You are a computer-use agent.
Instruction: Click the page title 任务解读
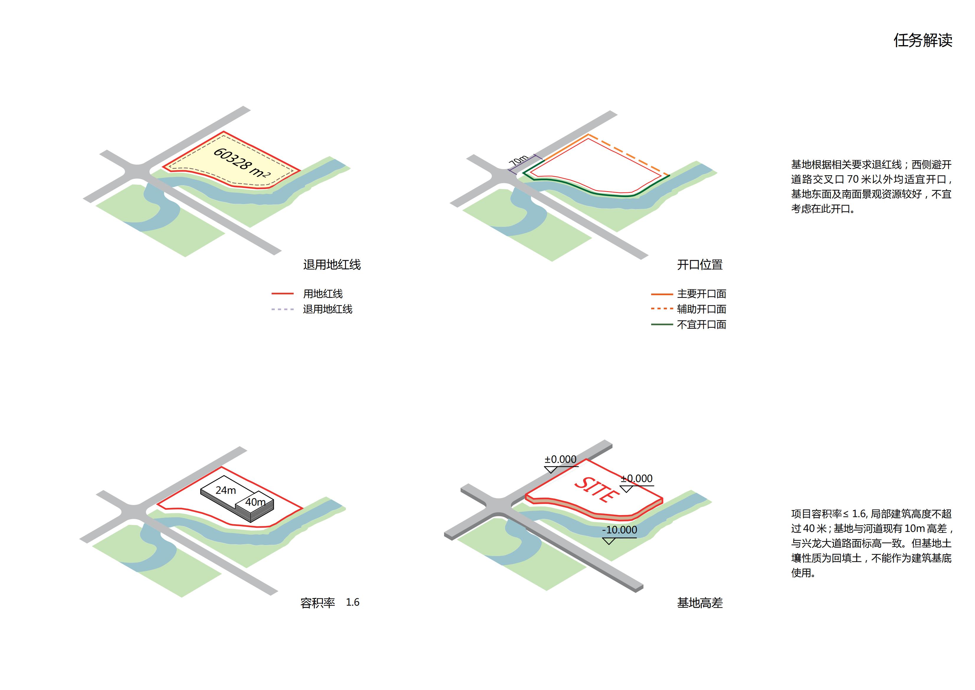pos(923,40)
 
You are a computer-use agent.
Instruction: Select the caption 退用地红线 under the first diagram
pos(332,265)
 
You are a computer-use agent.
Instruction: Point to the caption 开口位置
pos(699,265)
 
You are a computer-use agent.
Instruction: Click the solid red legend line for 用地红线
pos(282,294)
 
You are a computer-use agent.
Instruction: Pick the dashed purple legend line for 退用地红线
pos(282,309)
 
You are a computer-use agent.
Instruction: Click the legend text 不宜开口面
pos(701,324)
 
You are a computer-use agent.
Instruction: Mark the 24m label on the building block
pos(226,490)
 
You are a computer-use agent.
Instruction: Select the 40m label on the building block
pos(255,502)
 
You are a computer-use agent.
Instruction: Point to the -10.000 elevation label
pos(619,530)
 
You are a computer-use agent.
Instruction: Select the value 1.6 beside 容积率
pos(352,602)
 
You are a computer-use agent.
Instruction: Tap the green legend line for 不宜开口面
pos(662,324)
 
